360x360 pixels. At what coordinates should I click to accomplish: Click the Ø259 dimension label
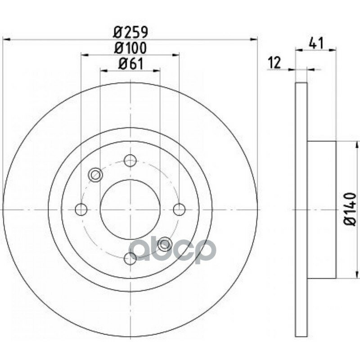(130, 32)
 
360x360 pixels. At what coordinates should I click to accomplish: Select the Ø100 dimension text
(130, 48)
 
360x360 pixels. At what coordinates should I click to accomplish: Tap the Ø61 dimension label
(130, 63)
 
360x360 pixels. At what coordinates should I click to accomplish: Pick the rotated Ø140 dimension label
(350, 209)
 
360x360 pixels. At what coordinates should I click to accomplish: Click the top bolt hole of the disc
(130, 161)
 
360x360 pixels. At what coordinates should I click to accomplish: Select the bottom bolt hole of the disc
(130, 258)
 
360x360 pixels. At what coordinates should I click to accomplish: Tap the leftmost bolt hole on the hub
(81, 209)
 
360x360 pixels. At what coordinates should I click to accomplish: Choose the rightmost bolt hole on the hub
(179, 209)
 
